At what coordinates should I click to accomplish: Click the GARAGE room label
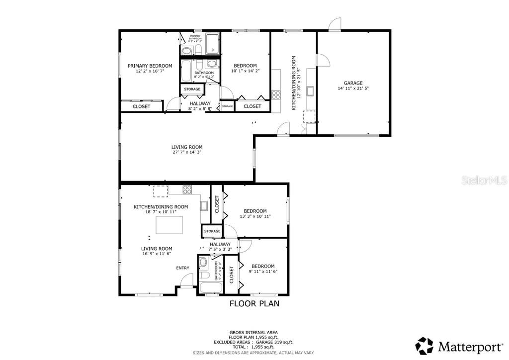click(x=353, y=83)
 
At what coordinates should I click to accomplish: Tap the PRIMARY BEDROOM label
click(x=150, y=66)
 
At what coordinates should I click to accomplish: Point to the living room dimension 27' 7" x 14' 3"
click(x=187, y=153)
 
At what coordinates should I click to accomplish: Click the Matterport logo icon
click(x=424, y=346)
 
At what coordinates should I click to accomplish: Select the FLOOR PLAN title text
click(x=254, y=303)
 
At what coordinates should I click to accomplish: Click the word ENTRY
click(x=182, y=268)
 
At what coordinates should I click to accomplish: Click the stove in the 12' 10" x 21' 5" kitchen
click(x=276, y=94)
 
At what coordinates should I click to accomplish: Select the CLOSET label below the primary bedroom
click(x=142, y=106)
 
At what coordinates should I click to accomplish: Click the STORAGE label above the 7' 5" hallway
click(x=212, y=231)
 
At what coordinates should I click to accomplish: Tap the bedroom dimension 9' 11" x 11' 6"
click(x=263, y=271)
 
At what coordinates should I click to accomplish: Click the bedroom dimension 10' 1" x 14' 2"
click(x=245, y=71)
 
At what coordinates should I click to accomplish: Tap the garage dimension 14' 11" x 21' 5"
click(x=353, y=89)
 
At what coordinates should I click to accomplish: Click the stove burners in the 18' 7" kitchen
click(x=187, y=189)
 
